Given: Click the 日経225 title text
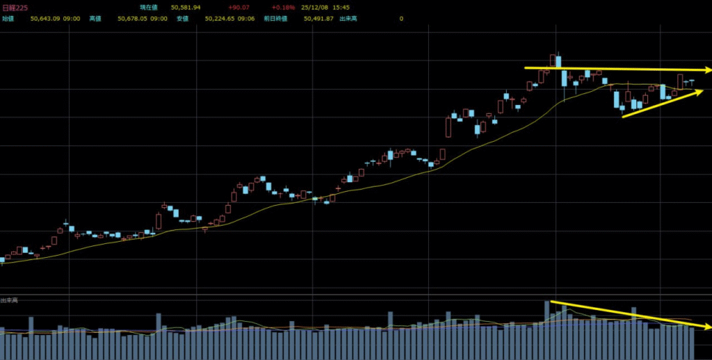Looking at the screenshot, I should [15, 7].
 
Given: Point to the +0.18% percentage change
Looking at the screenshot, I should [285, 7].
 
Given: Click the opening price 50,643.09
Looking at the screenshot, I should [46, 19].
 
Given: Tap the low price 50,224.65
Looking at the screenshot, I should [220, 19].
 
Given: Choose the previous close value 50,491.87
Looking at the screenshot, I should [318, 19].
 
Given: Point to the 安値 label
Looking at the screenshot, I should [182, 19].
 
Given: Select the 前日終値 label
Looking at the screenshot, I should [283, 19].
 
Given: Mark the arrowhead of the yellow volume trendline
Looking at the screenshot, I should [707, 326].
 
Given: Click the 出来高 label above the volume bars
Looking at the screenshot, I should [9, 300].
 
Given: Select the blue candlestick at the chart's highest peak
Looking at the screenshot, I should [558, 61].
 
